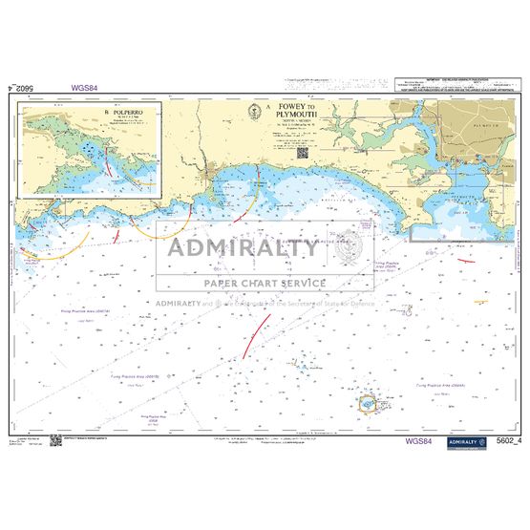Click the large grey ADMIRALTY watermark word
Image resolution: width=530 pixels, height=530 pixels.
coord(244,249)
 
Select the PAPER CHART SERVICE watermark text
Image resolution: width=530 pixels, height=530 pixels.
coord(251,284)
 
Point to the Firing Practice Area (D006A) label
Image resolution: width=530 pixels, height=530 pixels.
coord(437,385)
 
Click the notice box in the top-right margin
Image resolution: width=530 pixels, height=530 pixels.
coord(456,88)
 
